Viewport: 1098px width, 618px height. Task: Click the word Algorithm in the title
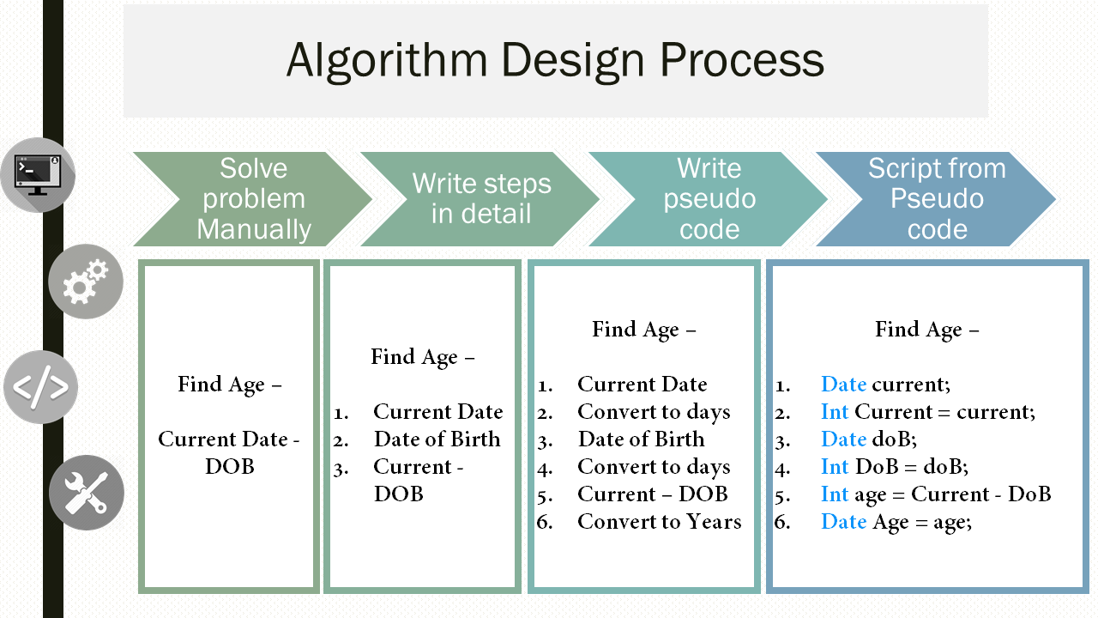[x=387, y=61]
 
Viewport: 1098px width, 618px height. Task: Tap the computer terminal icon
[x=38, y=175]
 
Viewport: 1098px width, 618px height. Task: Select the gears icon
[x=86, y=282]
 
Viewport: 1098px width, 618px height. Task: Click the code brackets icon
[x=40, y=387]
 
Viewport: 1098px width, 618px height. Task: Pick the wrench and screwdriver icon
[x=87, y=493]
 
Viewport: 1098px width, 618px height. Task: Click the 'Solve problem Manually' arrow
[x=253, y=199]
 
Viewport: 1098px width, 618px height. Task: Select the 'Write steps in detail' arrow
[x=480, y=199]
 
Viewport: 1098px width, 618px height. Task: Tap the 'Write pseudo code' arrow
[x=709, y=199]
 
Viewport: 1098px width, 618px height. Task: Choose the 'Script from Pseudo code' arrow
[x=936, y=199]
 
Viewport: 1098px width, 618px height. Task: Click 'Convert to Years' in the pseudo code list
[x=660, y=521]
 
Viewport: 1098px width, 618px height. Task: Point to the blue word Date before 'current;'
[x=843, y=384]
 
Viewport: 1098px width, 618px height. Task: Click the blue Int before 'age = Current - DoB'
[x=835, y=494]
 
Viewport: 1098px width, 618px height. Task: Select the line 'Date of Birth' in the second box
[x=437, y=439]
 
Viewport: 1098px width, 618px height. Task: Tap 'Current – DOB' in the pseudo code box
[x=653, y=494]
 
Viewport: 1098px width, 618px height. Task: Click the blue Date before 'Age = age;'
[x=843, y=521]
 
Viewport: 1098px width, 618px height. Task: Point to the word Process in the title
[x=742, y=60]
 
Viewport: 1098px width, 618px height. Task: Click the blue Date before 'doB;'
[x=843, y=439]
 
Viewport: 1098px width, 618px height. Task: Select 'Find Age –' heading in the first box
[x=229, y=385]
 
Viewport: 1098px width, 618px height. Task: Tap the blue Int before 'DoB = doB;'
[x=835, y=466]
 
